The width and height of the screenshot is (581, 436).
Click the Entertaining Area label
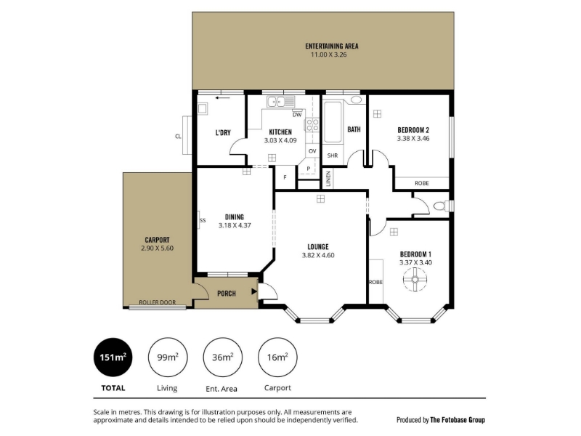click(x=332, y=47)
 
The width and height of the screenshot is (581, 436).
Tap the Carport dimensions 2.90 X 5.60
click(x=157, y=249)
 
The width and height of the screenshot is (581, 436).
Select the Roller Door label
click(x=158, y=302)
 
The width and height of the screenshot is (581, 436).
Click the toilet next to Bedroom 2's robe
click(x=439, y=206)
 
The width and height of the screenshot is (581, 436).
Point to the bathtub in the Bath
click(x=333, y=122)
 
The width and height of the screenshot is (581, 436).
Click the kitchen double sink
click(x=280, y=101)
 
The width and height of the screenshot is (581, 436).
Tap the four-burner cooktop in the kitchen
click(x=312, y=124)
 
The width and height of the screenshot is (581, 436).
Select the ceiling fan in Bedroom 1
click(x=415, y=279)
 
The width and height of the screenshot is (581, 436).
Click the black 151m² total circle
click(x=113, y=357)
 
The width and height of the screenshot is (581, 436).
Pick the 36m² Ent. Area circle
click(x=223, y=357)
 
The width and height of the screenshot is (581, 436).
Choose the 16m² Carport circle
click(x=277, y=357)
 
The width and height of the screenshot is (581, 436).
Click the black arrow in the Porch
click(x=254, y=291)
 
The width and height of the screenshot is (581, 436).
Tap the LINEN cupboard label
click(x=328, y=179)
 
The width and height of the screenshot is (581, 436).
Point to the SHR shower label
click(x=333, y=156)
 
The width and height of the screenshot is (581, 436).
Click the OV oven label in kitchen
click(x=312, y=151)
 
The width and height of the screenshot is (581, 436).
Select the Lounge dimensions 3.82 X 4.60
click(x=318, y=255)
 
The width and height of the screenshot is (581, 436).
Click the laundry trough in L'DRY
click(x=203, y=108)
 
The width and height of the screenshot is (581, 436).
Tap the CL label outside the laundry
click(x=178, y=137)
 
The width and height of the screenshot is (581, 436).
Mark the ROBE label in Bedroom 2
click(x=422, y=183)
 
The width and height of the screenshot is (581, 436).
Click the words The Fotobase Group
click(x=458, y=420)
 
